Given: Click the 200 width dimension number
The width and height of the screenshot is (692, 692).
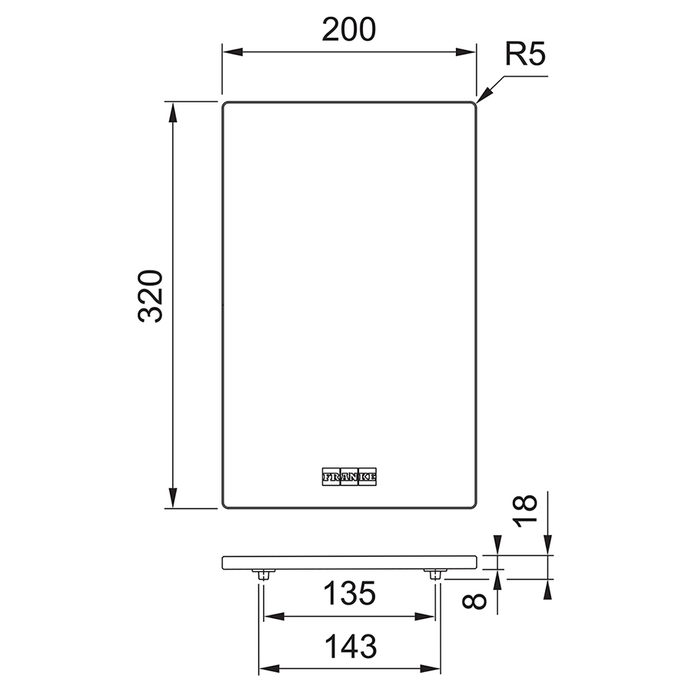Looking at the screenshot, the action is pyautogui.click(x=348, y=29).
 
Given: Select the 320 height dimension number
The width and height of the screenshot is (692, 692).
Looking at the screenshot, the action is pyautogui.click(x=151, y=296).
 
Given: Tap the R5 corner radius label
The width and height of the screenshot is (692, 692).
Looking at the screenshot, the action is pyautogui.click(x=525, y=55).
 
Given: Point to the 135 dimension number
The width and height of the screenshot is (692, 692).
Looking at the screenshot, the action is pyautogui.click(x=350, y=593).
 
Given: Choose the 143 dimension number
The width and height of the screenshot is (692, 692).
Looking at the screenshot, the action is pyautogui.click(x=351, y=646).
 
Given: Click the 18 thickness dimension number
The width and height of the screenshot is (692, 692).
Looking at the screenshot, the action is pyautogui.click(x=524, y=511).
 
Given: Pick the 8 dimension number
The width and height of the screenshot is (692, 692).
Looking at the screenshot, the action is pyautogui.click(x=474, y=601).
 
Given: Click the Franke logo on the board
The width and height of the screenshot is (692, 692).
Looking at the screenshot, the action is pyautogui.click(x=349, y=477).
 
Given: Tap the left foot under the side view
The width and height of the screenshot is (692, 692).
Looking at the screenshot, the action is pyautogui.click(x=264, y=574).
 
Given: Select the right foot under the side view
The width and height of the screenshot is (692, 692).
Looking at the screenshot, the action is pyautogui.click(x=435, y=574).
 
